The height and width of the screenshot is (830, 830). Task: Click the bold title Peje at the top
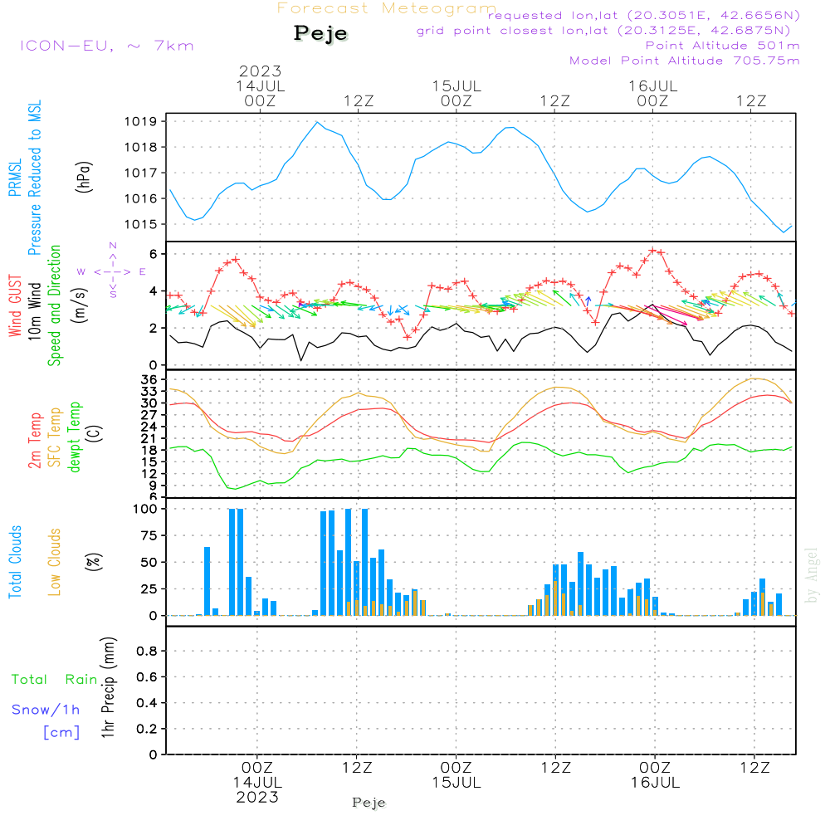pos(320,34)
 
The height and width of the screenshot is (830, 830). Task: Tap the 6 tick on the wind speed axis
pos(154,253)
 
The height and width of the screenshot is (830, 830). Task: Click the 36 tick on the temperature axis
pos(150,379)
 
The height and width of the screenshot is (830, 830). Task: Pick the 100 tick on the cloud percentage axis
pos(145,509)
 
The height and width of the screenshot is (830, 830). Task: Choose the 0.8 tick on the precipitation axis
pos(147,652)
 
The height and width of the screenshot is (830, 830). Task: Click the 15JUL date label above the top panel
pos(456,85)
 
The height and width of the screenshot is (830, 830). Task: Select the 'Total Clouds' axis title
pos(15,562)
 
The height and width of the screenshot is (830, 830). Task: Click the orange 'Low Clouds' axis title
pos(55,562)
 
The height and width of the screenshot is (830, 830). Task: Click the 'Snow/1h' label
pos(46,710)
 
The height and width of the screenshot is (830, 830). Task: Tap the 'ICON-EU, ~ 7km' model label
pos(106,46)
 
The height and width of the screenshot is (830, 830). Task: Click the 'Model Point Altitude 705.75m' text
pos(685,61)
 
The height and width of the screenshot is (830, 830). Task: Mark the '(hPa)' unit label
pos(85,177)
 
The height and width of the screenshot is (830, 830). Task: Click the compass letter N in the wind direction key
pos(113,246)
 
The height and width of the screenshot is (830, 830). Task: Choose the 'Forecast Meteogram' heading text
pos(387,8)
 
